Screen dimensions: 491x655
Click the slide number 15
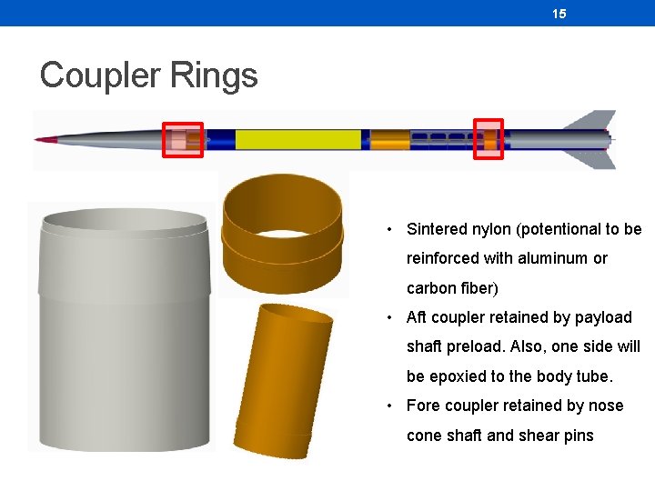pyautogui.click(x=559, y=14)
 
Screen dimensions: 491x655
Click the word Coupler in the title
pyautogui.click(x=97, y=75)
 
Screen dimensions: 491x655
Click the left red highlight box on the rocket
pyautogui.click(x=182, y=140)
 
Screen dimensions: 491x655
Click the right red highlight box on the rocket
pyautogui.click(x=489, y=139)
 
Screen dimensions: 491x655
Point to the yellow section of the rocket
pyautogui.click(x=297, y=139)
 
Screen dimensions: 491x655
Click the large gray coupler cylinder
pyautogui.click(x=124, y=336)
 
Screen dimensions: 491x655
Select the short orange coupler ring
pyautogui.click(x=283, y=232)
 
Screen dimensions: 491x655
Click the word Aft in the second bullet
pyautogui.click(x=417, y=317)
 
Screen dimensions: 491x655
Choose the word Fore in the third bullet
pyautogui.click(x=423, y=406)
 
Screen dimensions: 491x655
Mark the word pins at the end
pyautogui.click(x=577, y=436)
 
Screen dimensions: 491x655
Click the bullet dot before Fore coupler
pyautogui.click(x=388, y=406)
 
